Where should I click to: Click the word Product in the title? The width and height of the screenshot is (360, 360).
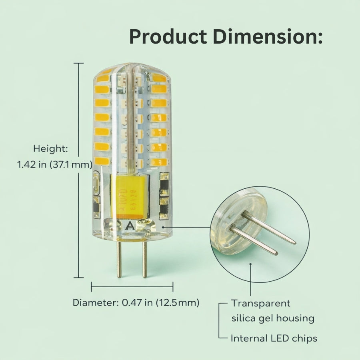[x=168, y=36]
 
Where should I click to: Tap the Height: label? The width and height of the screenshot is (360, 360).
[x=50, y=149]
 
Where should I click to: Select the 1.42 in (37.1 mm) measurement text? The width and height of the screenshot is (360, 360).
[x=55, y=164]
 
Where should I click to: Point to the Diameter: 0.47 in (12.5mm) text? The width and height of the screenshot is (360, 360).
[x=136, y=303]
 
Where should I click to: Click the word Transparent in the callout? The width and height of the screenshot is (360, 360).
[x=261, y=303]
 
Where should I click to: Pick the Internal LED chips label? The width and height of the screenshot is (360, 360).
[x=274, y=338]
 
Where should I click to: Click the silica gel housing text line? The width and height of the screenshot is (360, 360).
[x=273, y=319]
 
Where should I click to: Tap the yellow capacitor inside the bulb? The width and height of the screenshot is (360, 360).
[x=130, y=196]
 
